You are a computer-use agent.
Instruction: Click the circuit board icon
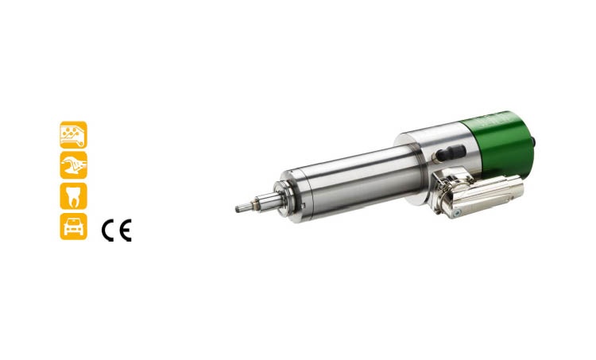(73, 135)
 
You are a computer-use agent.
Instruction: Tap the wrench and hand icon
(73, 165)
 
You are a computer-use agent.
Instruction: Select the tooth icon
(73, 195)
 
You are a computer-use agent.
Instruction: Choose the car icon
(73, 226)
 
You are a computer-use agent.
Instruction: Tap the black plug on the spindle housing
(451, 153)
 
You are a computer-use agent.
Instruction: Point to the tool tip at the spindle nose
(244, 207)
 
